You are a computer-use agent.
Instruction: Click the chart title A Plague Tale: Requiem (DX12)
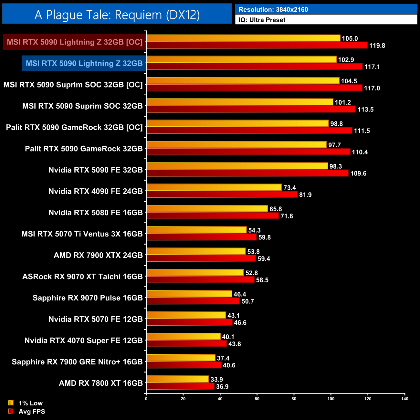click(x=117, y=15)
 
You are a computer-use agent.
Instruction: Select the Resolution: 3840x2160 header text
click(x=273, y=10)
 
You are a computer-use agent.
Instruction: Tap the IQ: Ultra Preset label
click(x=262, y=20)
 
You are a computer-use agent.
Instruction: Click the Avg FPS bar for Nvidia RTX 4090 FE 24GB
click(x=222, y=194)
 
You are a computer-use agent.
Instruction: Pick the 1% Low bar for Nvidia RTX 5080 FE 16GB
click(x=207, y=209)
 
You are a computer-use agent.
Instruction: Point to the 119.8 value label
click(x=377, y=46)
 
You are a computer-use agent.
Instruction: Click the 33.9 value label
click(x=216, y=380)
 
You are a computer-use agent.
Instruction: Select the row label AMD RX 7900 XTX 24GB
click(x=98, y=255)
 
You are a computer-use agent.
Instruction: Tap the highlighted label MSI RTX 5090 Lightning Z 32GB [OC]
click(x=75, y=42)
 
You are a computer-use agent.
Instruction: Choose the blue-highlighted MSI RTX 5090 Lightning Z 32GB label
click(x=84, y=63)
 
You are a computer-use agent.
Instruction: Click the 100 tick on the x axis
click(x=331, y=399)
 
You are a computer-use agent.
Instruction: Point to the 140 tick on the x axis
click(x=404, y=399)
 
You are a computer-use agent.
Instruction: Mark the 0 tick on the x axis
click(x=146, y=399)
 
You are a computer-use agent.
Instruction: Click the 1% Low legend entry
click(x=30, y=403)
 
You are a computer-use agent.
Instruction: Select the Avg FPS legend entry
click(x=32, y=412)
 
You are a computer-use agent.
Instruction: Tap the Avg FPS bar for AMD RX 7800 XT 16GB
click(x=180, y=386)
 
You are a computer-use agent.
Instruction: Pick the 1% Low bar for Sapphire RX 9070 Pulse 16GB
click(x=189, y=294)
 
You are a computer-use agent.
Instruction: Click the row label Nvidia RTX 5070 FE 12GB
click(x=96, y=319)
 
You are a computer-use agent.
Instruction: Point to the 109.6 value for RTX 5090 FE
click(x=358, y=173)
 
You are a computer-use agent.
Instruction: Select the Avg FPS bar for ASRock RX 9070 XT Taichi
click(x=200, y=280)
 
